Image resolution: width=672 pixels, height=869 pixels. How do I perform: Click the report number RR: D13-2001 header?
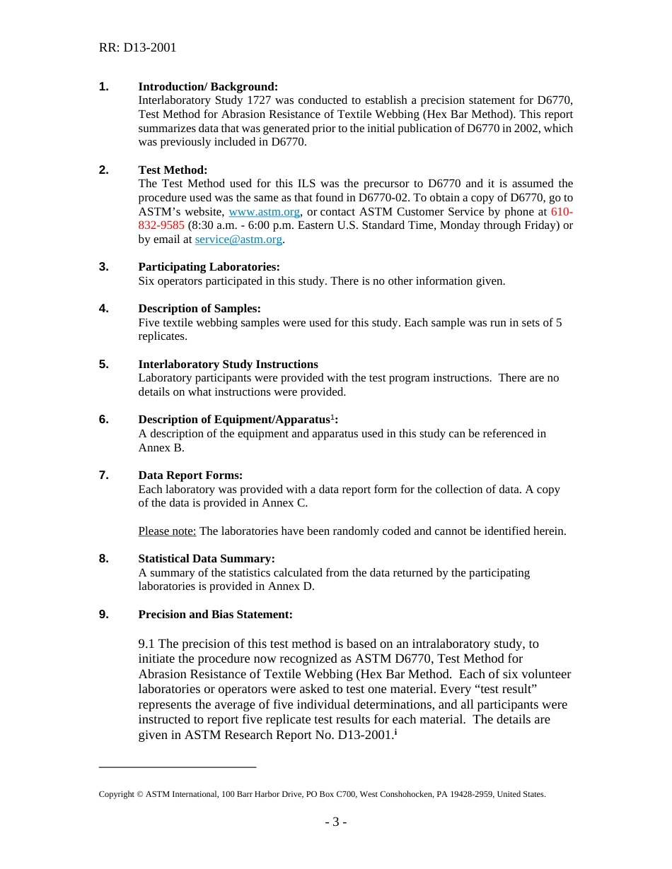pos(137,47)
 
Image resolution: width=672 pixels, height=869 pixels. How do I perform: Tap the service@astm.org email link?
pos(238,240)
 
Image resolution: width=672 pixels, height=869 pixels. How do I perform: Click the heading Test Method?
pos(173,170)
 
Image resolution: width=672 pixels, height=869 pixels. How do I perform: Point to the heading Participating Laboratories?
pos(209,267)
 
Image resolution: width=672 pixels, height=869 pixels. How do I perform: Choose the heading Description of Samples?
pos(199,309)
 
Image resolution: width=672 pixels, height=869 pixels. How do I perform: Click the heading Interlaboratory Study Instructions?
pos(228,365)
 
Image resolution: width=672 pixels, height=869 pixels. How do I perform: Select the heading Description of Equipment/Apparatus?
pos(233,420)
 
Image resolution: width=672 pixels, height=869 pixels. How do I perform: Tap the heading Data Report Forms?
pos(190,475)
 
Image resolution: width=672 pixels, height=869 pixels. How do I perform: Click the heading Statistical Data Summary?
pos(207,559)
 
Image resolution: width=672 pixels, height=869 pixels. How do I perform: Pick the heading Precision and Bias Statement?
pos(215,615)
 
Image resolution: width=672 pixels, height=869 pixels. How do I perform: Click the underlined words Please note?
pos(167,531)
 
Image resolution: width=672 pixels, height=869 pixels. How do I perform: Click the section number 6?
pos(104,420)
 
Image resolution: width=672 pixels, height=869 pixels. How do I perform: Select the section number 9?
pos(104,615)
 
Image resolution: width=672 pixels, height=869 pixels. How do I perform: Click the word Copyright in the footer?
pos(116,794)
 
